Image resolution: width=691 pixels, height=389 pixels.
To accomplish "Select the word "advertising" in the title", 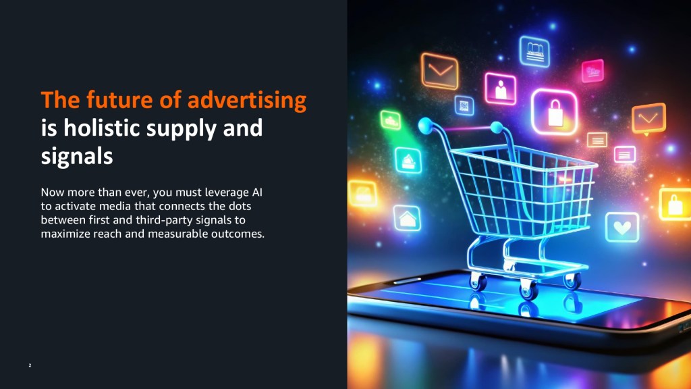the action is pyautogui.click(x=247, y=99).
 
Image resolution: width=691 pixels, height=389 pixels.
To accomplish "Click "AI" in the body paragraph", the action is pyautogui.click(x=257, y=192).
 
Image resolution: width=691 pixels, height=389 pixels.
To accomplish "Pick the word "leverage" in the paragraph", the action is pyautogui.click(x=227, y=193).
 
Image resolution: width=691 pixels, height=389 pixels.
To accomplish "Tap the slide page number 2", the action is pyautogui.click(x=30, y=365).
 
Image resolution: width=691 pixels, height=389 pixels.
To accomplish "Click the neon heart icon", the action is pyautogui.click(x=622, y=227).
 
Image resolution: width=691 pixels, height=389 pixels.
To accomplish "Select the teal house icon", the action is pyautogui.click(x=407, y=218).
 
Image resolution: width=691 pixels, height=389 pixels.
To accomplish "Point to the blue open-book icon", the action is pyautogui.click(x=534, y=51).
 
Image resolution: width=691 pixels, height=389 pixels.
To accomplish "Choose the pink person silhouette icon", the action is pyautogui.click(x=501, y=89).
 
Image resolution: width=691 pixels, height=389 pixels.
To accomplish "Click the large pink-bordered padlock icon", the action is pyautogui.click(x=555, y=112).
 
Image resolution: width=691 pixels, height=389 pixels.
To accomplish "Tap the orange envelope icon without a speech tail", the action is pyautogui.click(x=439, y=71).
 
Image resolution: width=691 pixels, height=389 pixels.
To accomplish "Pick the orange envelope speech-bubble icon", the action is pyautogui.click(x=648, y=119).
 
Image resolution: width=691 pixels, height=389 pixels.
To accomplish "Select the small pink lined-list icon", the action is pyautogui.click(x=625, y=155).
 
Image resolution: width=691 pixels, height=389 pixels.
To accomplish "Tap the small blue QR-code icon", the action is pyautogui.click(x=464, y=105).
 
